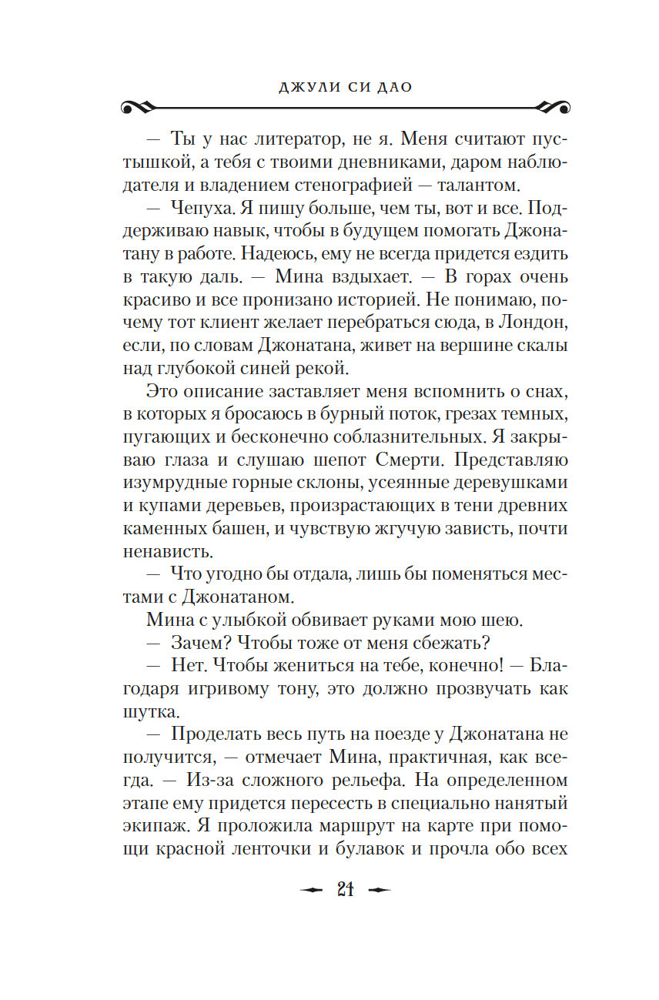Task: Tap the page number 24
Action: [345, 890]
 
